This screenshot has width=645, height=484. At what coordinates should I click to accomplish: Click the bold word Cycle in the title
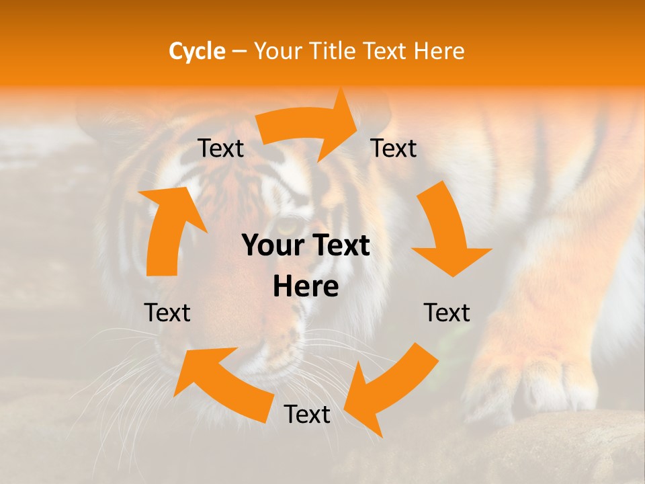point(196,51)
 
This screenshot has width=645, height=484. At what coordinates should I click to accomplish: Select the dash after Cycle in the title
point(239,52)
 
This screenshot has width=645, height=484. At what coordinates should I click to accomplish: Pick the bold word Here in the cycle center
point(306,287)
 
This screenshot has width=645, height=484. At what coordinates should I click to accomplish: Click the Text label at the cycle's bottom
point(307,415)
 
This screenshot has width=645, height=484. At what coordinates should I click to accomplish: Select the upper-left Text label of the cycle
point(220,149)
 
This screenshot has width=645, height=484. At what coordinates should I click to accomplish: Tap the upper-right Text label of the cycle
point(394,149)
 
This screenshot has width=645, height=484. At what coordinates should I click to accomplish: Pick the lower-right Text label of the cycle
point(447,313)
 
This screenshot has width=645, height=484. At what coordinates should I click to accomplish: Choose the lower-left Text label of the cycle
point(167,313)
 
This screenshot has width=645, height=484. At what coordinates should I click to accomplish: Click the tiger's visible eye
point(288,227)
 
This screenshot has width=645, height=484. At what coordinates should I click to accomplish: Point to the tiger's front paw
point(537,376)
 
